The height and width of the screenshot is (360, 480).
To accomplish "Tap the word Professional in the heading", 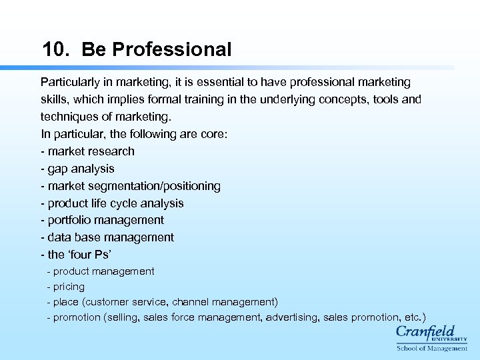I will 172,50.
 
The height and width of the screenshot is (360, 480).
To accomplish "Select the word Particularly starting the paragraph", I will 71,82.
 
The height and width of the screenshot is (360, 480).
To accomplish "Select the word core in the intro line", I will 214,134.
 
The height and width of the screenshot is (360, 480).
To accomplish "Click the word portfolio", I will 70,220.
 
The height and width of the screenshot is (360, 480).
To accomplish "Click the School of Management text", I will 432,348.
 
